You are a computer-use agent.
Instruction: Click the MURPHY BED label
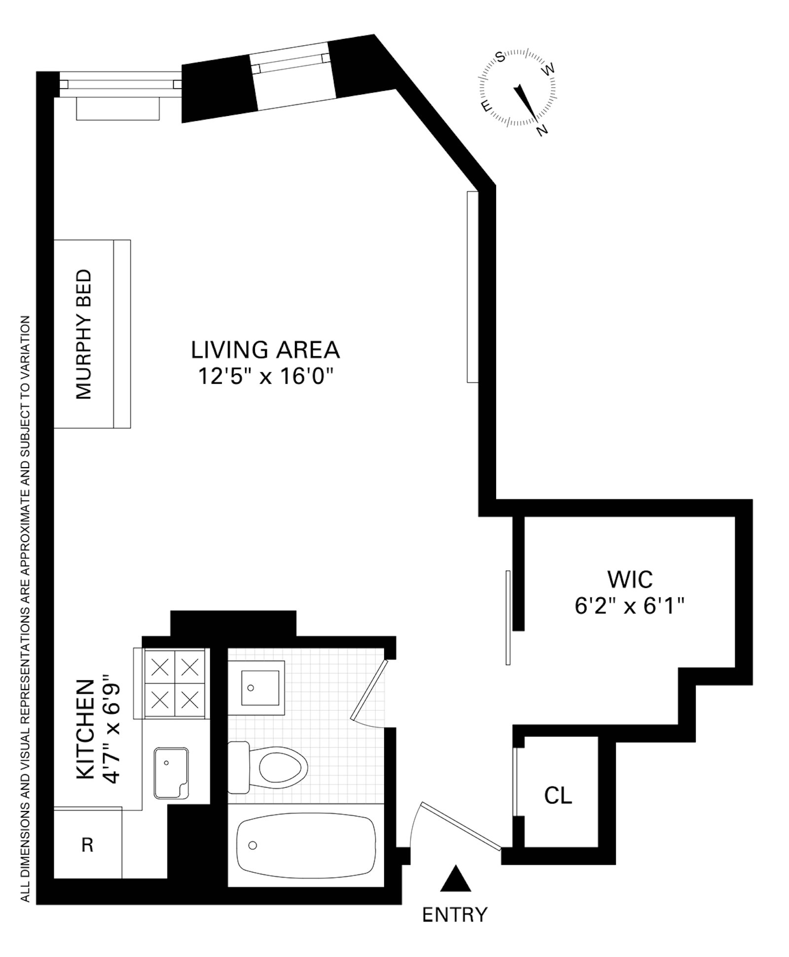pos(84,334)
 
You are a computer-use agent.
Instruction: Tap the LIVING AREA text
pos(265,350)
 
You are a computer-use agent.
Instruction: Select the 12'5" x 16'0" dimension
pos(265,377)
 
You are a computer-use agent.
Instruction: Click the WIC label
pos(630,579)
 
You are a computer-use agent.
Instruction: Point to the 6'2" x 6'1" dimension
pos(630,606)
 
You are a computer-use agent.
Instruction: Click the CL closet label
pos(558,795)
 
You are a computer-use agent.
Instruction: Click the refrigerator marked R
pos(87,845)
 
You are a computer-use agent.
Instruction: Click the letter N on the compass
pos(542,130)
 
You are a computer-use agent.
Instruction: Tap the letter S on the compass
pos(500,57)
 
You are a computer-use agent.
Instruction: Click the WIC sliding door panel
pos(508,618)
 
